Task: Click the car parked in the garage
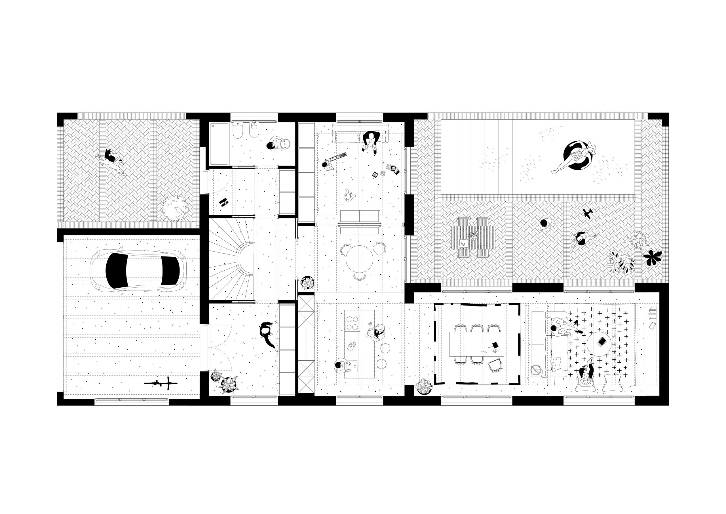138,270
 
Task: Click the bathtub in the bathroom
219,144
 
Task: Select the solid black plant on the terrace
652,257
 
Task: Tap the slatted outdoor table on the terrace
473,237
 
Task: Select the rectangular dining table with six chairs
476,344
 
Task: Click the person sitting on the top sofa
371,141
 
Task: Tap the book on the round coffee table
602,341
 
